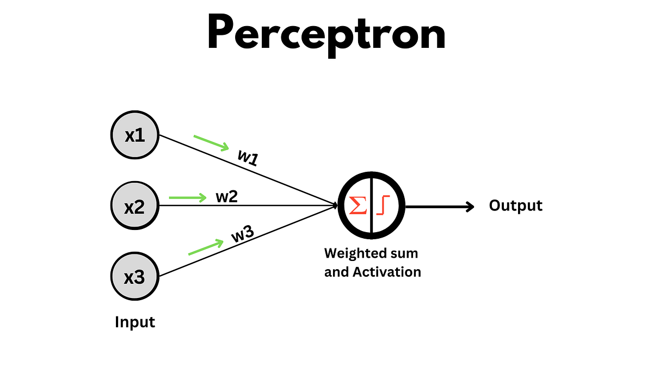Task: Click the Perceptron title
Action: click(x=326, y=34)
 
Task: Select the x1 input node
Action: click(x=135, y=135)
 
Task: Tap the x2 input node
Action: click(x=135, y=206)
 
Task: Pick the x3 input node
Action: click(x=135, y=277)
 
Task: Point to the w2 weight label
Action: click(x=227, y=196)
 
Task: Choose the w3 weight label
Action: click(x=242, y=234)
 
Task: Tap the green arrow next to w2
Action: click(x=188, y=197)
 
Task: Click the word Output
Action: click(x=515, y=206)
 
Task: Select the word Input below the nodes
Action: click(x=135, y=322)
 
